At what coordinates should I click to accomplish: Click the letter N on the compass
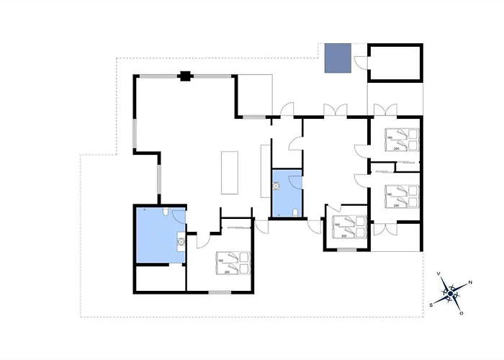(x=470, y=282)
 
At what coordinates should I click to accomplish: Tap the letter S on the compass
(x=431, y=305)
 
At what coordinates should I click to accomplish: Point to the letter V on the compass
(x=439, y=274)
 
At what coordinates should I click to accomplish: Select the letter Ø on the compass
(x=462, y=314)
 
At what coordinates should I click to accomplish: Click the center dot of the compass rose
(x=451, y=293)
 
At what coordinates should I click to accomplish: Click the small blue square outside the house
(x=336, y=58)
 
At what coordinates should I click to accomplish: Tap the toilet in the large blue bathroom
(x=167, y=213)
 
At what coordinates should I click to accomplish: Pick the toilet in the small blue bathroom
(x=297, y=212)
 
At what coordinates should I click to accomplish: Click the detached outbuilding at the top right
(x=395, y=63)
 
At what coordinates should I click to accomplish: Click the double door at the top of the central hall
(x=335, y=110)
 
